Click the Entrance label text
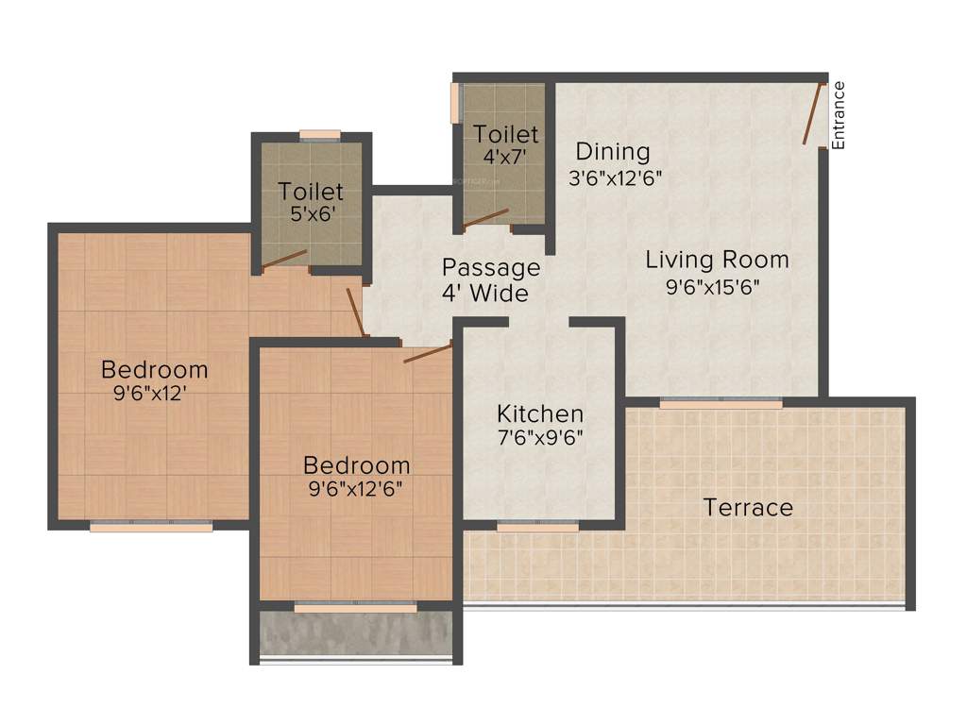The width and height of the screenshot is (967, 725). click(839, 115)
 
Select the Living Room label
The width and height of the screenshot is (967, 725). click(717, 260)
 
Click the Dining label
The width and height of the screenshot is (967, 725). click(613, 151)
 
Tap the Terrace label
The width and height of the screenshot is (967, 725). click(748, 508)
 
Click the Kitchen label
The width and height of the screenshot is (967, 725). click(540, 413)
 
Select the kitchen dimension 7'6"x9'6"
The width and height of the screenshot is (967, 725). click(540, 438)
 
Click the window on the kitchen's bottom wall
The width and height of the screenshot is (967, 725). click(537, 527)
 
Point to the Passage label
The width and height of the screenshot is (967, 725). click(491, 267)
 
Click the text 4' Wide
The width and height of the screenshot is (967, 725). click(484, 294)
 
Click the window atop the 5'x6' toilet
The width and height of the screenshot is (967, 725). click(320, 134)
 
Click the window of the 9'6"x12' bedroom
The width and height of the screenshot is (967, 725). click(151, 527)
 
